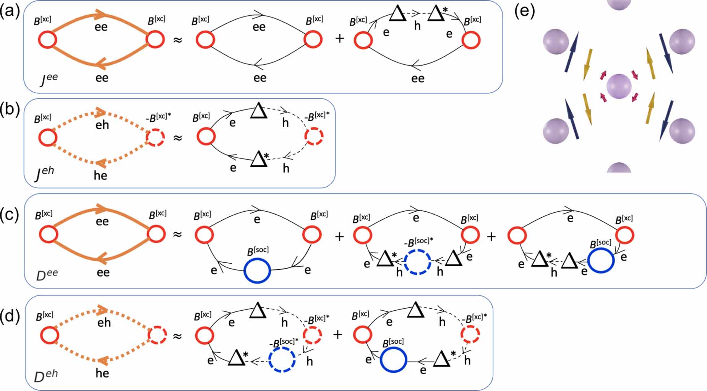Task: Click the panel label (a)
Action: (x=10, y=12)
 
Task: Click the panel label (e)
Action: (x=524, y=12)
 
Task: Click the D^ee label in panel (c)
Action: (x=47, y=274)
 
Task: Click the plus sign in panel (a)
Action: (x=339, y=39)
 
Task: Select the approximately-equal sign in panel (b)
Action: (x=177, y=137)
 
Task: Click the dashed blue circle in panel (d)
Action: (x=282, y=360)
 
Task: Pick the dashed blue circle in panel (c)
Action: (x=418, y=262)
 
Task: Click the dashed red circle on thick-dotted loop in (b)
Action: (x=156, y=137)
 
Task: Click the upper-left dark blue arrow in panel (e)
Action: (x=571, y=53)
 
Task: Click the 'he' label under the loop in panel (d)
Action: (x=102, y=373)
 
